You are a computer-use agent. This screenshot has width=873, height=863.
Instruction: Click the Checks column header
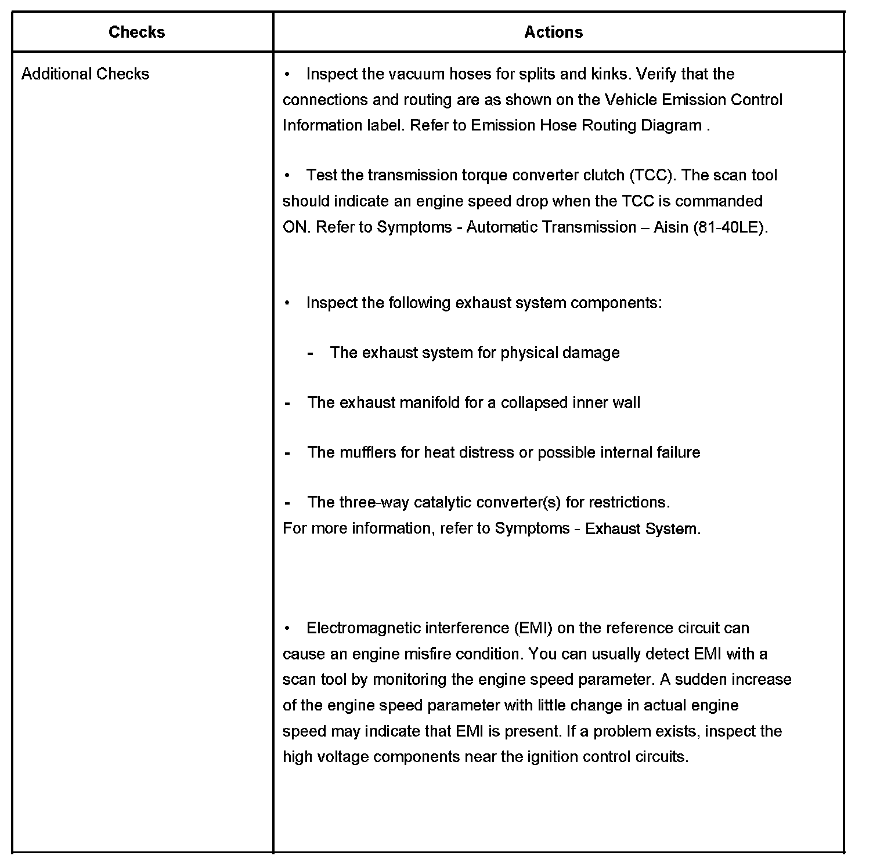click(x=136, y=32)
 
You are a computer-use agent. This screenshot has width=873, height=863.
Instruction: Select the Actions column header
click(x=553, y=32)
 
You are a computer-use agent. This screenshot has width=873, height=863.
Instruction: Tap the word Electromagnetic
click(x=363, y=628)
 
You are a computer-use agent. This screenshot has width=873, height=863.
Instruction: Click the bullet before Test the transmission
click(x=287, y=175)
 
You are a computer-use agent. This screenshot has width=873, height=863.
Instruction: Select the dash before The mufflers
click(x=287, y=452)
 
